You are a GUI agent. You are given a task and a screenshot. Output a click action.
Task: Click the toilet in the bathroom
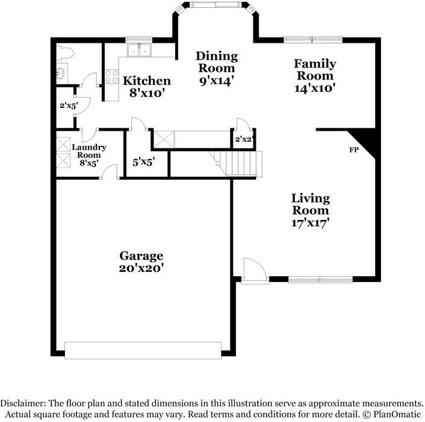point(65,53)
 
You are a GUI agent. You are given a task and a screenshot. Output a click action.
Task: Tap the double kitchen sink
point(140,49)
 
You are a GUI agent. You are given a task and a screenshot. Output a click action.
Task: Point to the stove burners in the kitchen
point(112,77)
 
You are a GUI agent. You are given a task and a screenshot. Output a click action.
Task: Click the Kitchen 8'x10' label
point(147,87)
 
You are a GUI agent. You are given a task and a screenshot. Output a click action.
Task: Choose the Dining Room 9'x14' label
point(217,68)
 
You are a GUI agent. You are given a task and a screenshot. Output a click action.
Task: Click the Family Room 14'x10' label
point(315,76)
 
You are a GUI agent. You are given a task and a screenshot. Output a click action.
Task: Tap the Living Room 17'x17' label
point(311,210)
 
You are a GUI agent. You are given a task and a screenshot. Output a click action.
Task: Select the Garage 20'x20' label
point(141,262)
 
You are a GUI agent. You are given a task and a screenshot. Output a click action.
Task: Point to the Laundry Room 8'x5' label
point(89,155)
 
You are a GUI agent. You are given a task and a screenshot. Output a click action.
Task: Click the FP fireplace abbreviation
point(354,150)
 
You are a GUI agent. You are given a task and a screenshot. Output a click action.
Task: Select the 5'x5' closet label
point(144,162)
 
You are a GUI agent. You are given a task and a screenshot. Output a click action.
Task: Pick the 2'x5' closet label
point(69,105)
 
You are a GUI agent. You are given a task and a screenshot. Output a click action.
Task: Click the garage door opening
point(143,350)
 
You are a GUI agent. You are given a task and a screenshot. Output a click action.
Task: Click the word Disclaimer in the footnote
point(23,403)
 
